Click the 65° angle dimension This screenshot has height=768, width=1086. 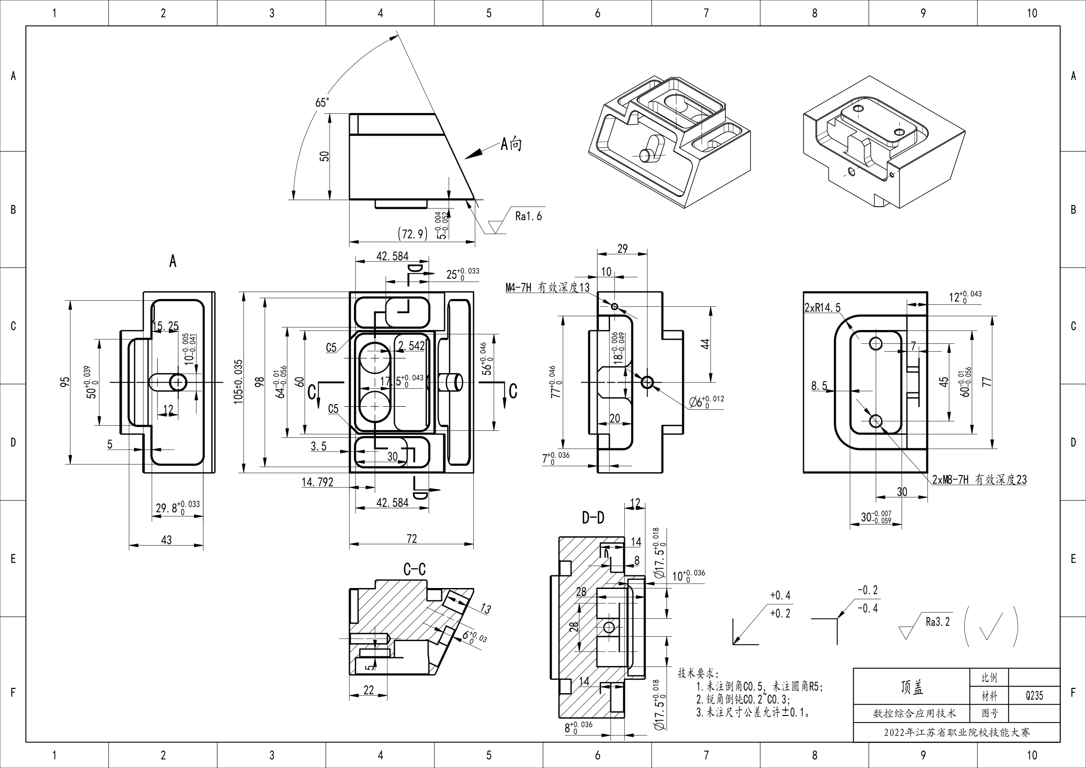[x=321, y=102]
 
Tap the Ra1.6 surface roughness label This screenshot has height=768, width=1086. [x=529, y=217]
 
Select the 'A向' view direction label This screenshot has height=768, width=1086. [x=511, y=144]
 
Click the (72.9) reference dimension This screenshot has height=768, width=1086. [x=413, y=234]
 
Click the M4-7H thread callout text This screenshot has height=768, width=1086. [x=547, y=287]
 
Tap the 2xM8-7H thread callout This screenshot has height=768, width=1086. [x=979, y=479]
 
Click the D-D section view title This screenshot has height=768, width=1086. [x=592, y=518]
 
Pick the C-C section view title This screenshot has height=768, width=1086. [x=414, y=569]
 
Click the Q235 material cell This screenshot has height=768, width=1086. [x=1034, y=696]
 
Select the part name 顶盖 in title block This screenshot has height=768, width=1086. [x=911, y=687]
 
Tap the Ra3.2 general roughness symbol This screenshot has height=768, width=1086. [x=937, y=622]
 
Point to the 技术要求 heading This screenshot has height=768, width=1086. [x=697, y=673]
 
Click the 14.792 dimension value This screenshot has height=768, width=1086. [x=317, y=483]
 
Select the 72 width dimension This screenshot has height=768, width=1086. [x=412, y=539]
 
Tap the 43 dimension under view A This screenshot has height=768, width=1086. [x=166, y=540]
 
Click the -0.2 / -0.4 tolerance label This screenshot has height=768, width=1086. [x=867, y=599]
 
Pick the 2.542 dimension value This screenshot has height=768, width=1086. [x=412, y=346]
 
